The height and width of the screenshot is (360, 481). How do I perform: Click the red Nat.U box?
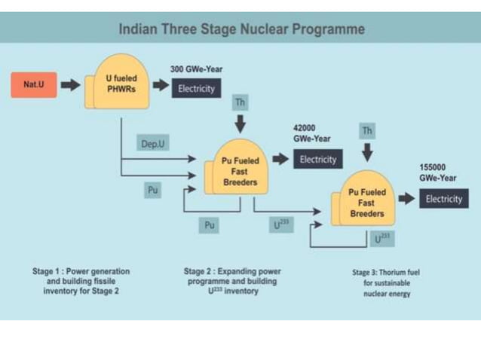pyautogui.click(x=34, y=85)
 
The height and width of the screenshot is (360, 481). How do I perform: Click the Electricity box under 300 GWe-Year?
pyautogui.click(x=196, y=89)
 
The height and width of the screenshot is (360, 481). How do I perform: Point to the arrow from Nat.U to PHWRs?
pyautogui.click(x=70, y=85)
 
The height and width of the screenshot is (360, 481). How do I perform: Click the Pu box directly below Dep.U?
pyautogui.click(x=153, y=191)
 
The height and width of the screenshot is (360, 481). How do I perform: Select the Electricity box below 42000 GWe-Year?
pyautogui.click(x=317, y=160)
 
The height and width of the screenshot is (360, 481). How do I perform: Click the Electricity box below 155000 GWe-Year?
pyautogui.click(x=443, y=199)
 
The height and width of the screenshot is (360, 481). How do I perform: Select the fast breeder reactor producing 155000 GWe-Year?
pyautogui.click(x=367, y=203)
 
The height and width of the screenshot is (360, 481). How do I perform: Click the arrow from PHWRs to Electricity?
pyautogui.click(x=161, y=86)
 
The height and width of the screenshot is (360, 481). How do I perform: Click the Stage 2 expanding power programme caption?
pyautogui.click(x=231, y=281)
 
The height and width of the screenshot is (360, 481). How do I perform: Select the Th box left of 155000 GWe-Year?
pyautogui.click(x=367, y=131)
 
